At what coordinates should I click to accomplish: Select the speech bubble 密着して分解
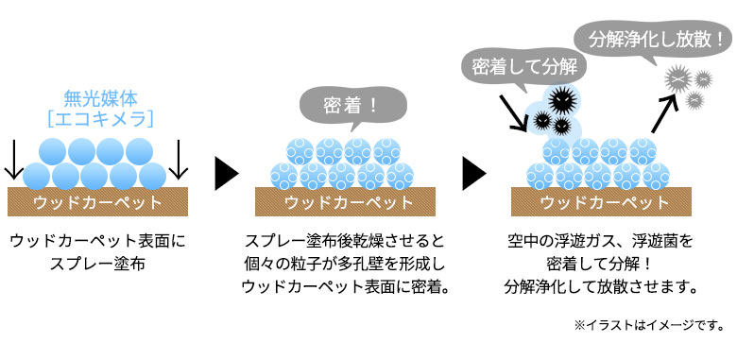[x=523, y=66]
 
